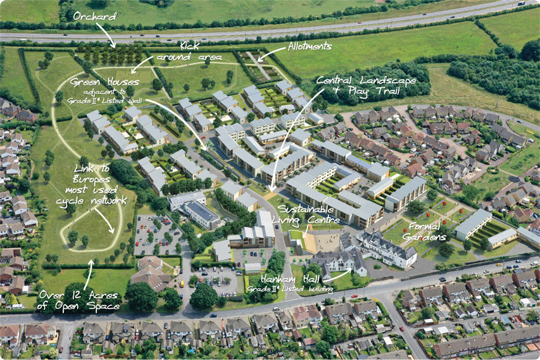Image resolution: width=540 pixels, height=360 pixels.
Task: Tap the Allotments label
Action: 310,46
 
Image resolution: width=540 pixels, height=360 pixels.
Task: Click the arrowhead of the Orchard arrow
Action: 114,46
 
